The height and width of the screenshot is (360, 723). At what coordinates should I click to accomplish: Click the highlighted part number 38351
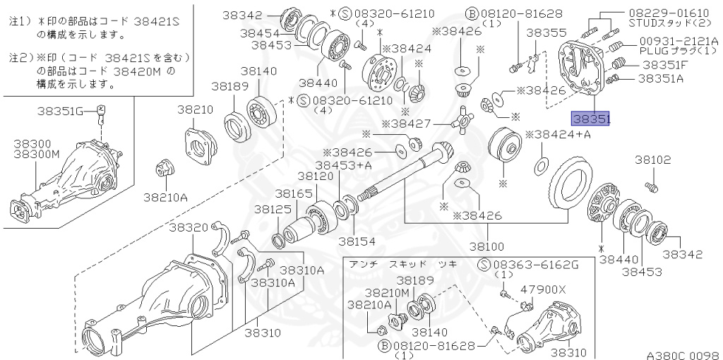click(591, 120)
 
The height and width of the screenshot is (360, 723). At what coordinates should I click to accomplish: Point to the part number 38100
click(487, 246)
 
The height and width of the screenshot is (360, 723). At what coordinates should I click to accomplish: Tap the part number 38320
click(189, 227)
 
